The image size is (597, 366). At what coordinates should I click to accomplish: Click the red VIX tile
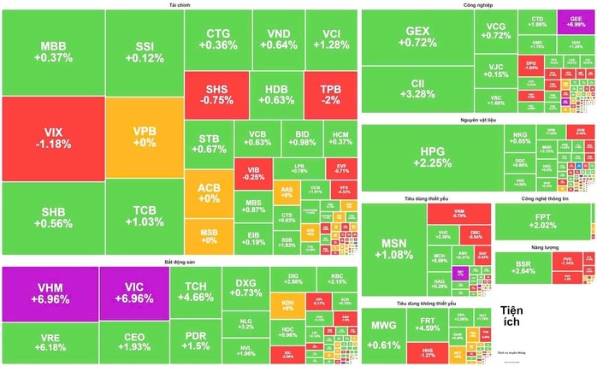tap(53, 139)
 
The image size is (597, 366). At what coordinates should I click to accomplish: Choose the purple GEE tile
tap(570, 22)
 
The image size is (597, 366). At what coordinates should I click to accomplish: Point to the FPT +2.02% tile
tap(542, 221)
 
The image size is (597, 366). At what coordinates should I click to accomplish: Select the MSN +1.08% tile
tap(394, 249)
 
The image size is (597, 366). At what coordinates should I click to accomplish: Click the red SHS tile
tap(216, 95)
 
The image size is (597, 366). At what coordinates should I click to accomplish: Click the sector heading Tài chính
tap(179, 5)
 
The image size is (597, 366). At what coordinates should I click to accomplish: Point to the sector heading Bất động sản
tap(180, 260)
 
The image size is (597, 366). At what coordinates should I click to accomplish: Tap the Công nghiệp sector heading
tap(476, 5)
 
